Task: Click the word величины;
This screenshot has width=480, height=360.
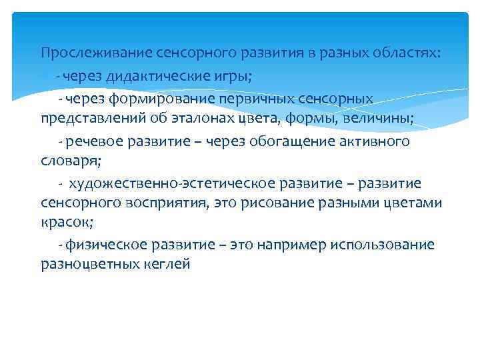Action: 382,119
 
